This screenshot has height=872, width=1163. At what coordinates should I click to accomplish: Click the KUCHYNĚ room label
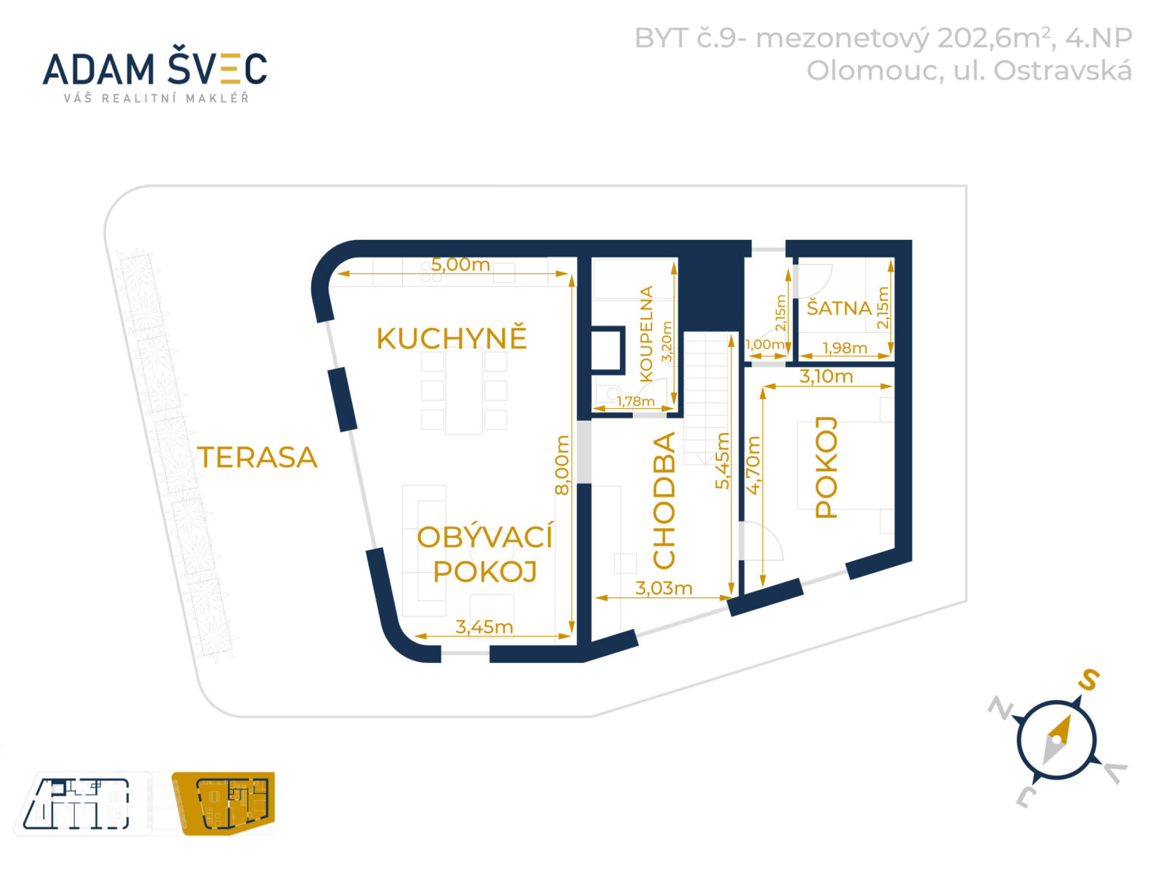[x=451, y=338]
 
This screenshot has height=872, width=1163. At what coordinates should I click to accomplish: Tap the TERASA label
[x=257, y=457]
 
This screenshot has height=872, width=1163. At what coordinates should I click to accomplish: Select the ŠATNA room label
[x=839, y=308]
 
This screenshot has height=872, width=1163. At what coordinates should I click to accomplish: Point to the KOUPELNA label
[x=646, y=333]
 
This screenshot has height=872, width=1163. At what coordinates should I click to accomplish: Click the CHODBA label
[x=664, y=500]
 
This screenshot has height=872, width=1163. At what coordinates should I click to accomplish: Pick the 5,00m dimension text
[x=460, y=265]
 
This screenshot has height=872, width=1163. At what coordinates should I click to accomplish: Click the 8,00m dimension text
[x=562, y=465]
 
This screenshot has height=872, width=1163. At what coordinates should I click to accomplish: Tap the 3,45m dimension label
[x=484, y=627]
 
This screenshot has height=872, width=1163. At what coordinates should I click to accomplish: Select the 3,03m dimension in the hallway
[x=663, y=588]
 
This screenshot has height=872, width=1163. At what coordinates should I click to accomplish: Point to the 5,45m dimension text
[x=723, y=460]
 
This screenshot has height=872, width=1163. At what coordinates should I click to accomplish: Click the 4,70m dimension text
[x=753, y=465]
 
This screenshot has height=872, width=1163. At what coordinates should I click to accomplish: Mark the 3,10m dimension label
[x=826, y=376]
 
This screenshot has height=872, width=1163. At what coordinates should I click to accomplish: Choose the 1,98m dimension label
[x=844, y=348]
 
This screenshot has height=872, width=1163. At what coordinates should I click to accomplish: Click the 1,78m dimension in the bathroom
[x=635, y=401]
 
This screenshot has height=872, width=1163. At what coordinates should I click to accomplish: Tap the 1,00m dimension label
[x=765, y=344]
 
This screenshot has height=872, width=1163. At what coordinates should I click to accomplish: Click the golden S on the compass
[x=1088, y=680]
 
